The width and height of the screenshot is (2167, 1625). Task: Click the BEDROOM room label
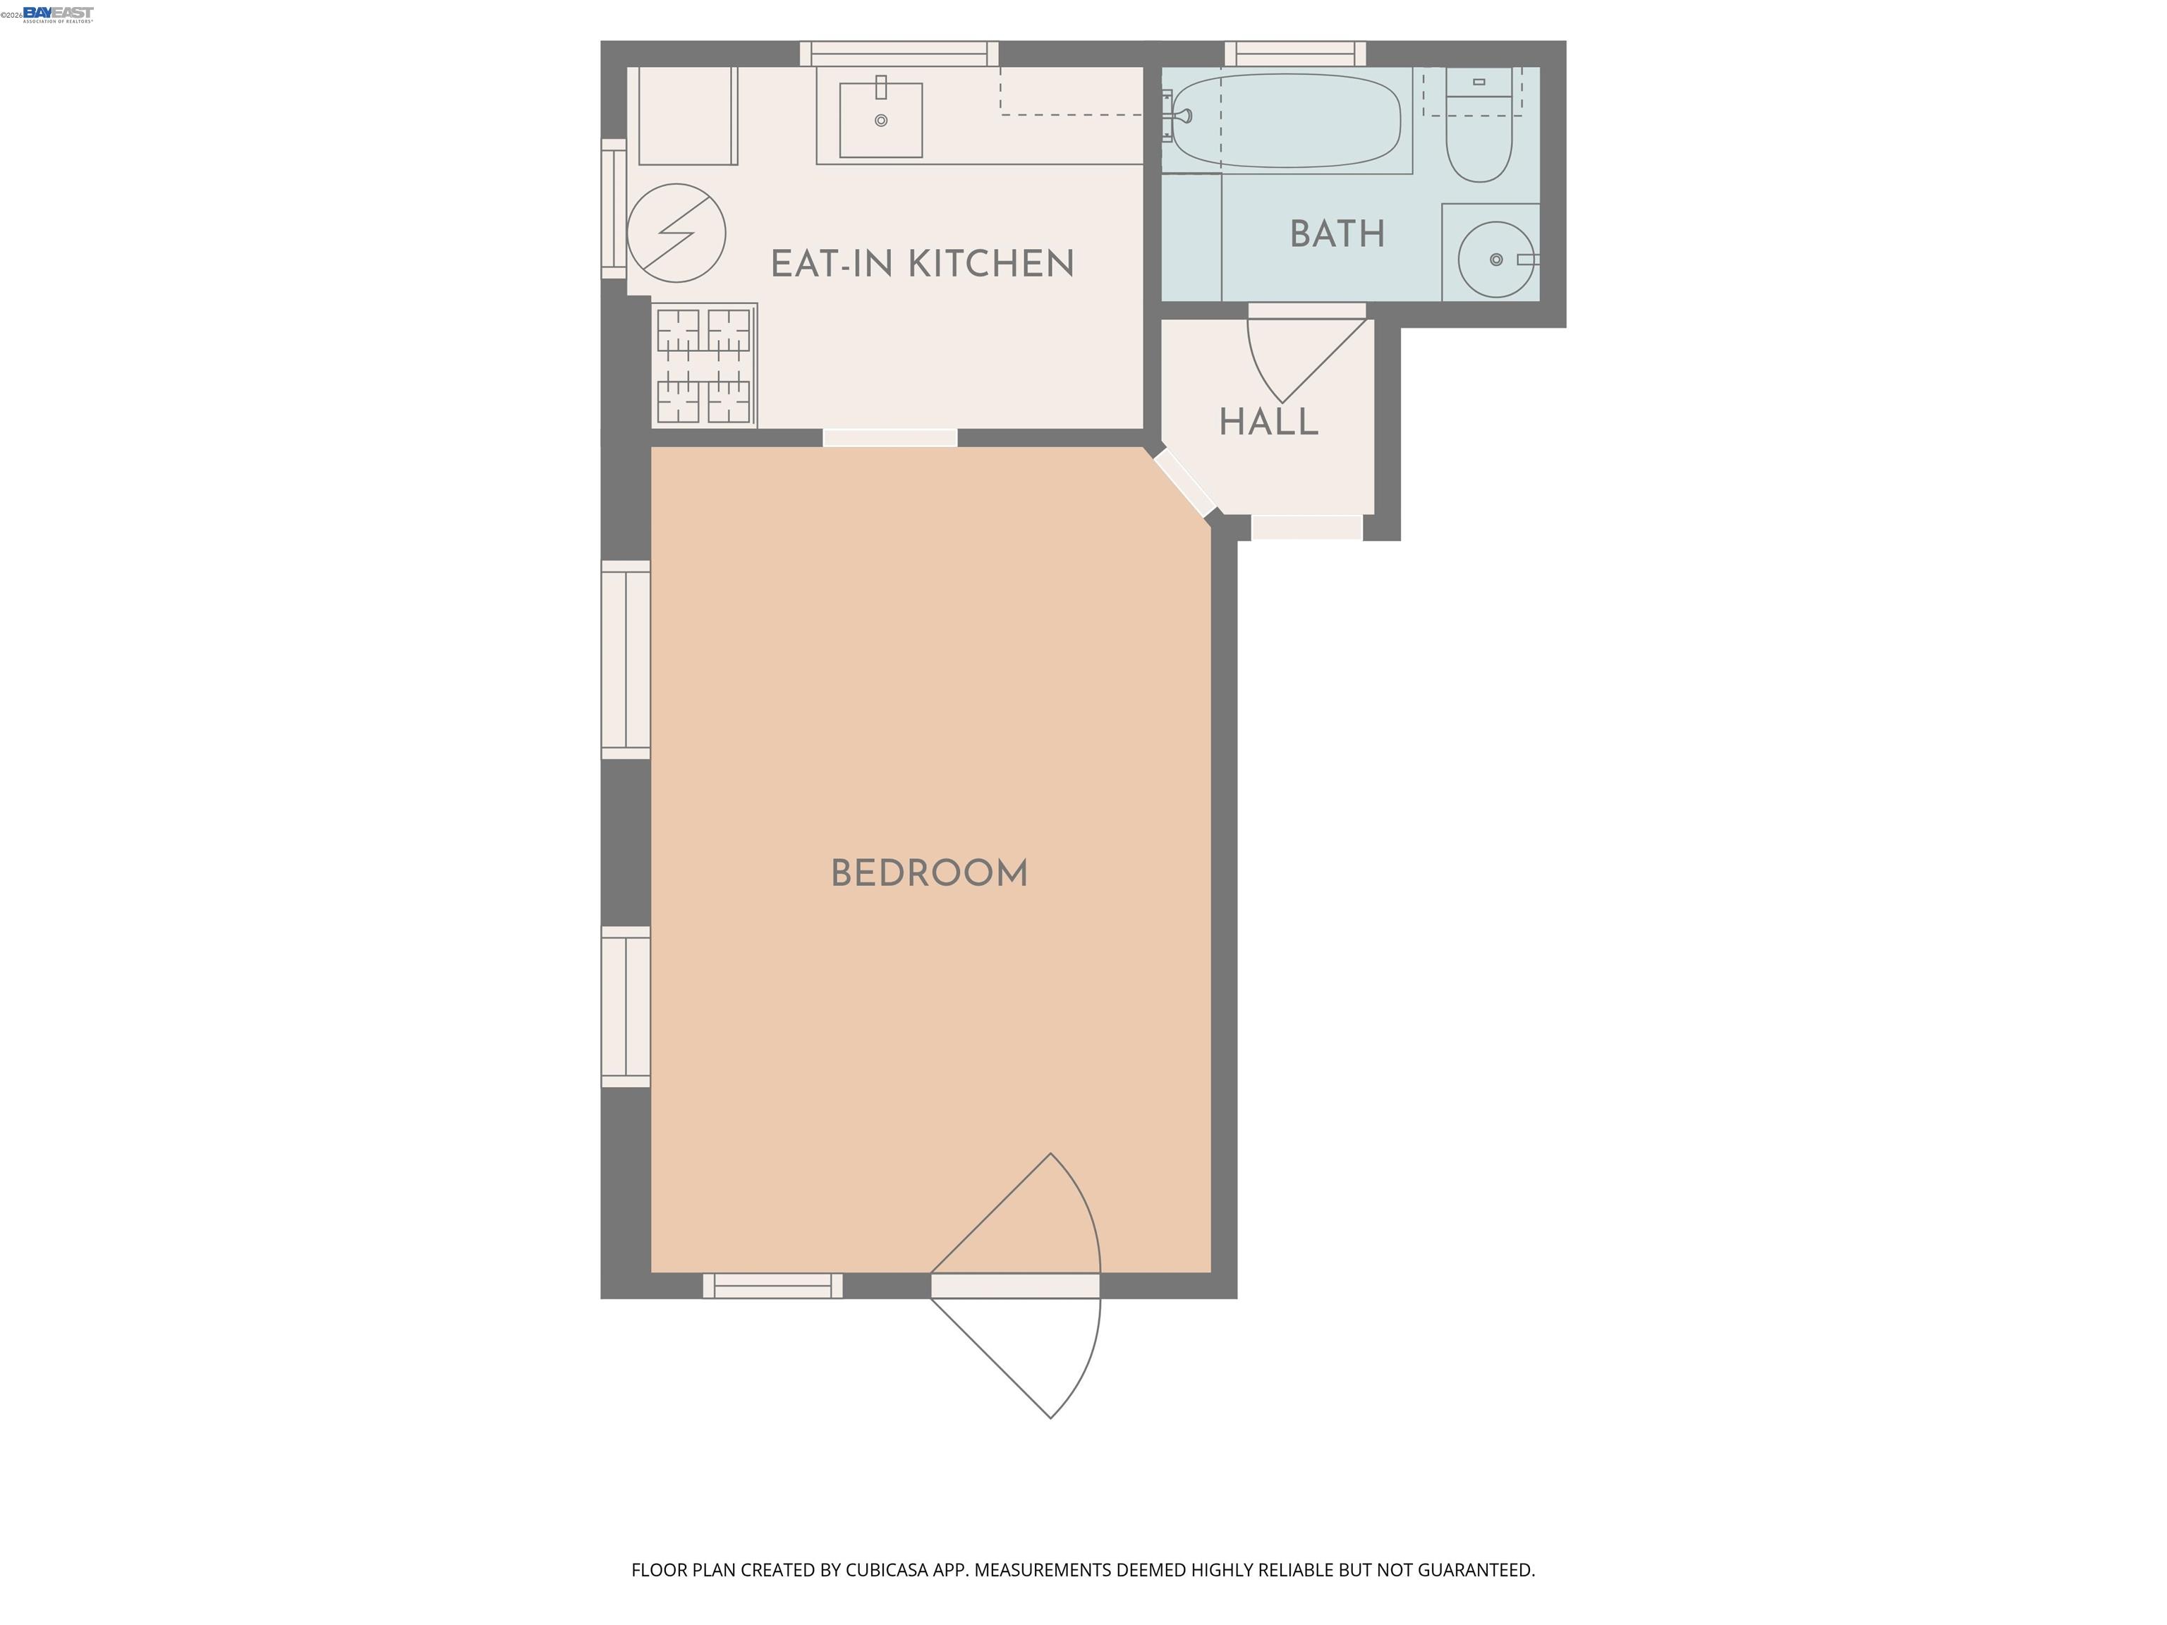[x=929, y=874]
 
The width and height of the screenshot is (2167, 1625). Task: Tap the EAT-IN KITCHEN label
[x=922, y=264]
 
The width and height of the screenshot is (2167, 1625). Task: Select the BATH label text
[x=1336, y=234]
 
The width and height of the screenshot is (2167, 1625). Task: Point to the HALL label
[x=1268, y=422]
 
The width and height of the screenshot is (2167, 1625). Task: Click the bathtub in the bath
[x=1286, y=121]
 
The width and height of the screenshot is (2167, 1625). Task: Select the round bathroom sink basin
[x=1495, y=259]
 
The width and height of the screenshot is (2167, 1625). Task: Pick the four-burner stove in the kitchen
[x=703, y=365]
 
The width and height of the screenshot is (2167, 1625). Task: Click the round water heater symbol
[x=676, y=233]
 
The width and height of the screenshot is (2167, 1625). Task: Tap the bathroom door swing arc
[x=1293, y=358]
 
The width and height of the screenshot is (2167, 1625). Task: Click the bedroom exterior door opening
[x=1015, y=1285]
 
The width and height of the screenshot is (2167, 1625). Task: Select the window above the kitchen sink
[x=899, y=53]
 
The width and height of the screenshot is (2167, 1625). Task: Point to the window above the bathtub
[x=1295, y=53]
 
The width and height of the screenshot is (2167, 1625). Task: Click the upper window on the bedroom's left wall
[x=625, y=659]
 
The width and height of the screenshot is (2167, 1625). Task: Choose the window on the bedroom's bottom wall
[x=772, y=1285]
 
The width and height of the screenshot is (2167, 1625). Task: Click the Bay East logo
[x=58, y=13]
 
